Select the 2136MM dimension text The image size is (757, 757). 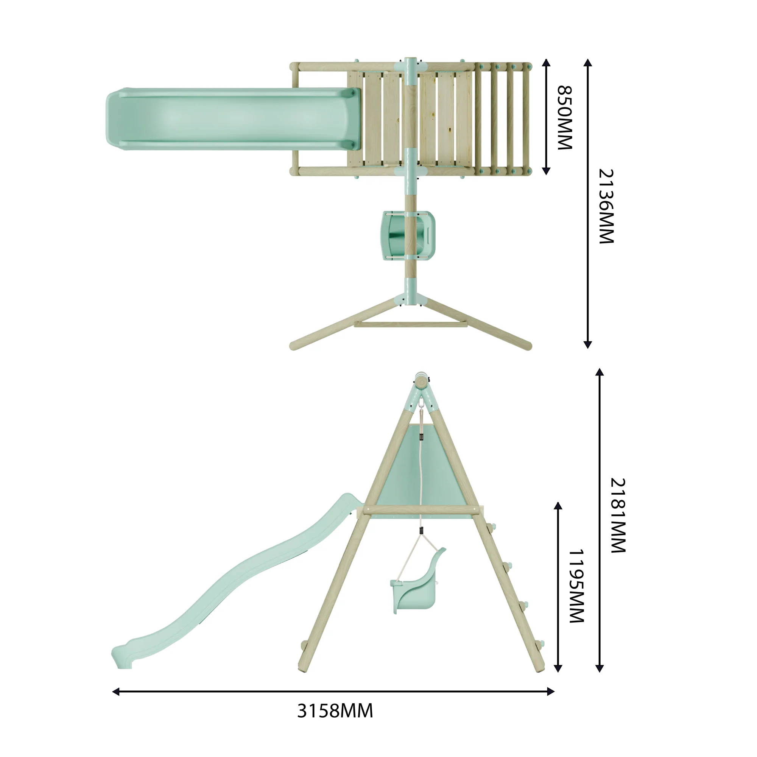coord(606,207)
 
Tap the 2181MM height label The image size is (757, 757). coord(618,515)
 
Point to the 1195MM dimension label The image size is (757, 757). coord(576,586)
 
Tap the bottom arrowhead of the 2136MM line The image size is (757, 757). coord(588,344)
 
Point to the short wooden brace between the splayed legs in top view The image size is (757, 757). coord(410,324)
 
